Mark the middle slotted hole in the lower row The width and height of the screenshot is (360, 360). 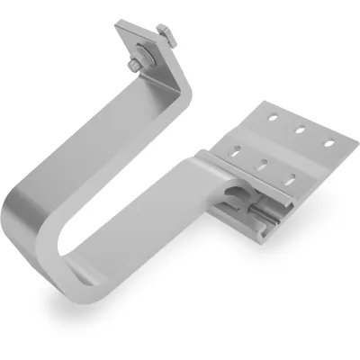263,165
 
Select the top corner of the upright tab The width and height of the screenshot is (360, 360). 121,27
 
